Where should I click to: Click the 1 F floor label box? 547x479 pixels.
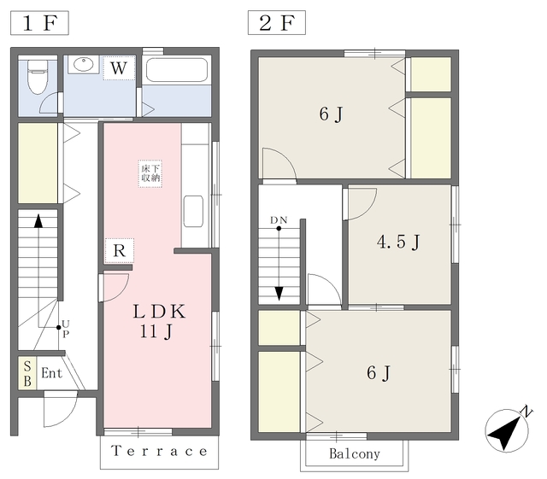39,23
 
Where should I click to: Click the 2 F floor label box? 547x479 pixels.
277,23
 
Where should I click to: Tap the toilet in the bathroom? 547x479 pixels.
38,77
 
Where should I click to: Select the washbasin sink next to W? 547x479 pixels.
84,64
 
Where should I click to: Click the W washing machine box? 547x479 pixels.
119,68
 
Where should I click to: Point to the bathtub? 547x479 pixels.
177,70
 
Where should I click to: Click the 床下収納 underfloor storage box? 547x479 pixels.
150,173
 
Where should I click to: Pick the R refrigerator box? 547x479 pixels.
120,251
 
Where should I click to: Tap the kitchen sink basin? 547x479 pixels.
193,211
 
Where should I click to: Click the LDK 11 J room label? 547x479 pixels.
159,321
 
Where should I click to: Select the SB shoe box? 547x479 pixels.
27,373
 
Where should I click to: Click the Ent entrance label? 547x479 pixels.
51,373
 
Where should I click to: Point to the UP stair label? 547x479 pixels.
66,329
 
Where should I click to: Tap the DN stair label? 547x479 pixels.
279,220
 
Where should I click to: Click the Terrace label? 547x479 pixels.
160,451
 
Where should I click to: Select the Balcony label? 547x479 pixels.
355,454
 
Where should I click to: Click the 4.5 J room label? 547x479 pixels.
398,242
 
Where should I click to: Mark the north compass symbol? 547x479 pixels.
508,430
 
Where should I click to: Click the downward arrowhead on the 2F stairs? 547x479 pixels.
279,294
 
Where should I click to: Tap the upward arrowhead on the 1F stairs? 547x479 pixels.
38,221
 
